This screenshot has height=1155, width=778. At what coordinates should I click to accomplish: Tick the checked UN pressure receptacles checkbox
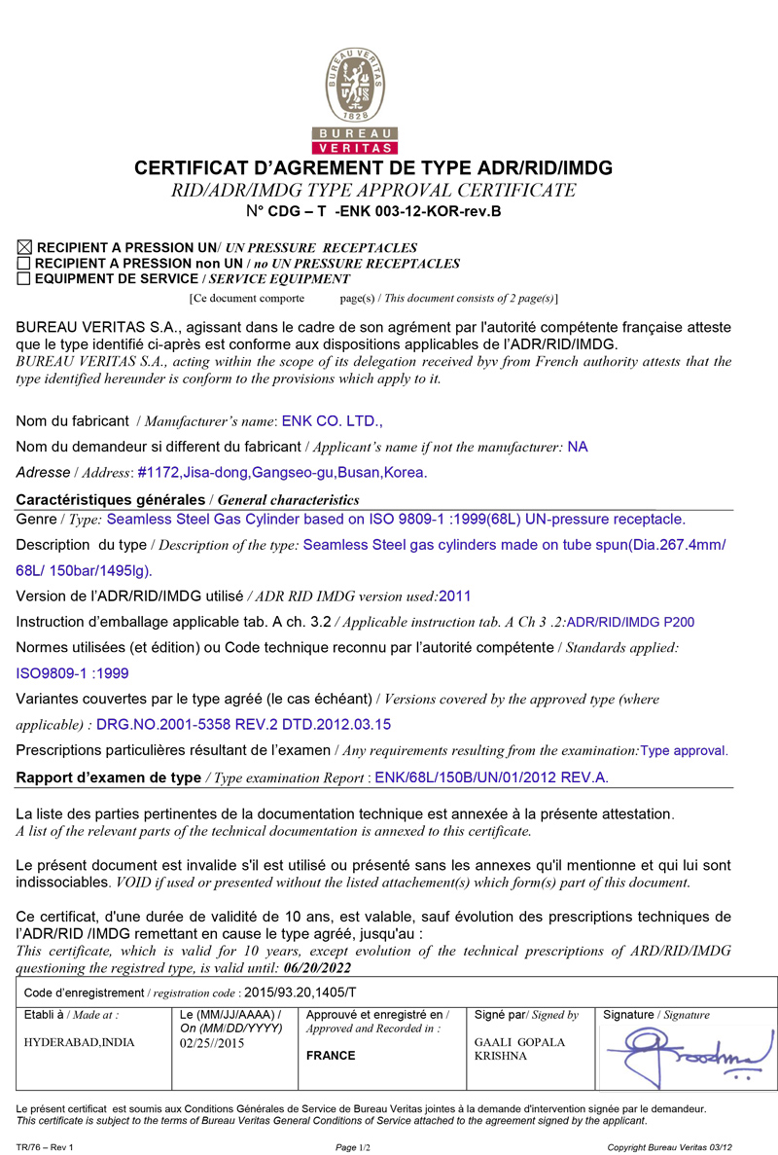point(24,248)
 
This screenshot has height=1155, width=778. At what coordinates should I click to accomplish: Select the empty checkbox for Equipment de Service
point(24,278)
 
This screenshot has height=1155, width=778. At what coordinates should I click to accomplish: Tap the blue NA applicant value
point(578,447)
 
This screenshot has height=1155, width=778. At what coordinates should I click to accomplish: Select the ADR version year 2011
point(455,596)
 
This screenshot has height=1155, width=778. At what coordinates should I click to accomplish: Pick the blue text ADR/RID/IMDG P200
point(630,622)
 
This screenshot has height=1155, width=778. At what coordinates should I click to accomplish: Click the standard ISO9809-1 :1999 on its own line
point(73,672)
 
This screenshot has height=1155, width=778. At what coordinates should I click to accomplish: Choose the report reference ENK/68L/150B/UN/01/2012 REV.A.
point(492,776)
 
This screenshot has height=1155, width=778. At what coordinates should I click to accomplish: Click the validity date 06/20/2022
point(317,968)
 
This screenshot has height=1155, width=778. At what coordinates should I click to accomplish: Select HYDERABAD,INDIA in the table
point(80,1042)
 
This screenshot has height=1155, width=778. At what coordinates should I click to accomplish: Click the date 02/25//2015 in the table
point(213,1042)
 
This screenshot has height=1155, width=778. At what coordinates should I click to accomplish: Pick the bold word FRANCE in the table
point(331,1056)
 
